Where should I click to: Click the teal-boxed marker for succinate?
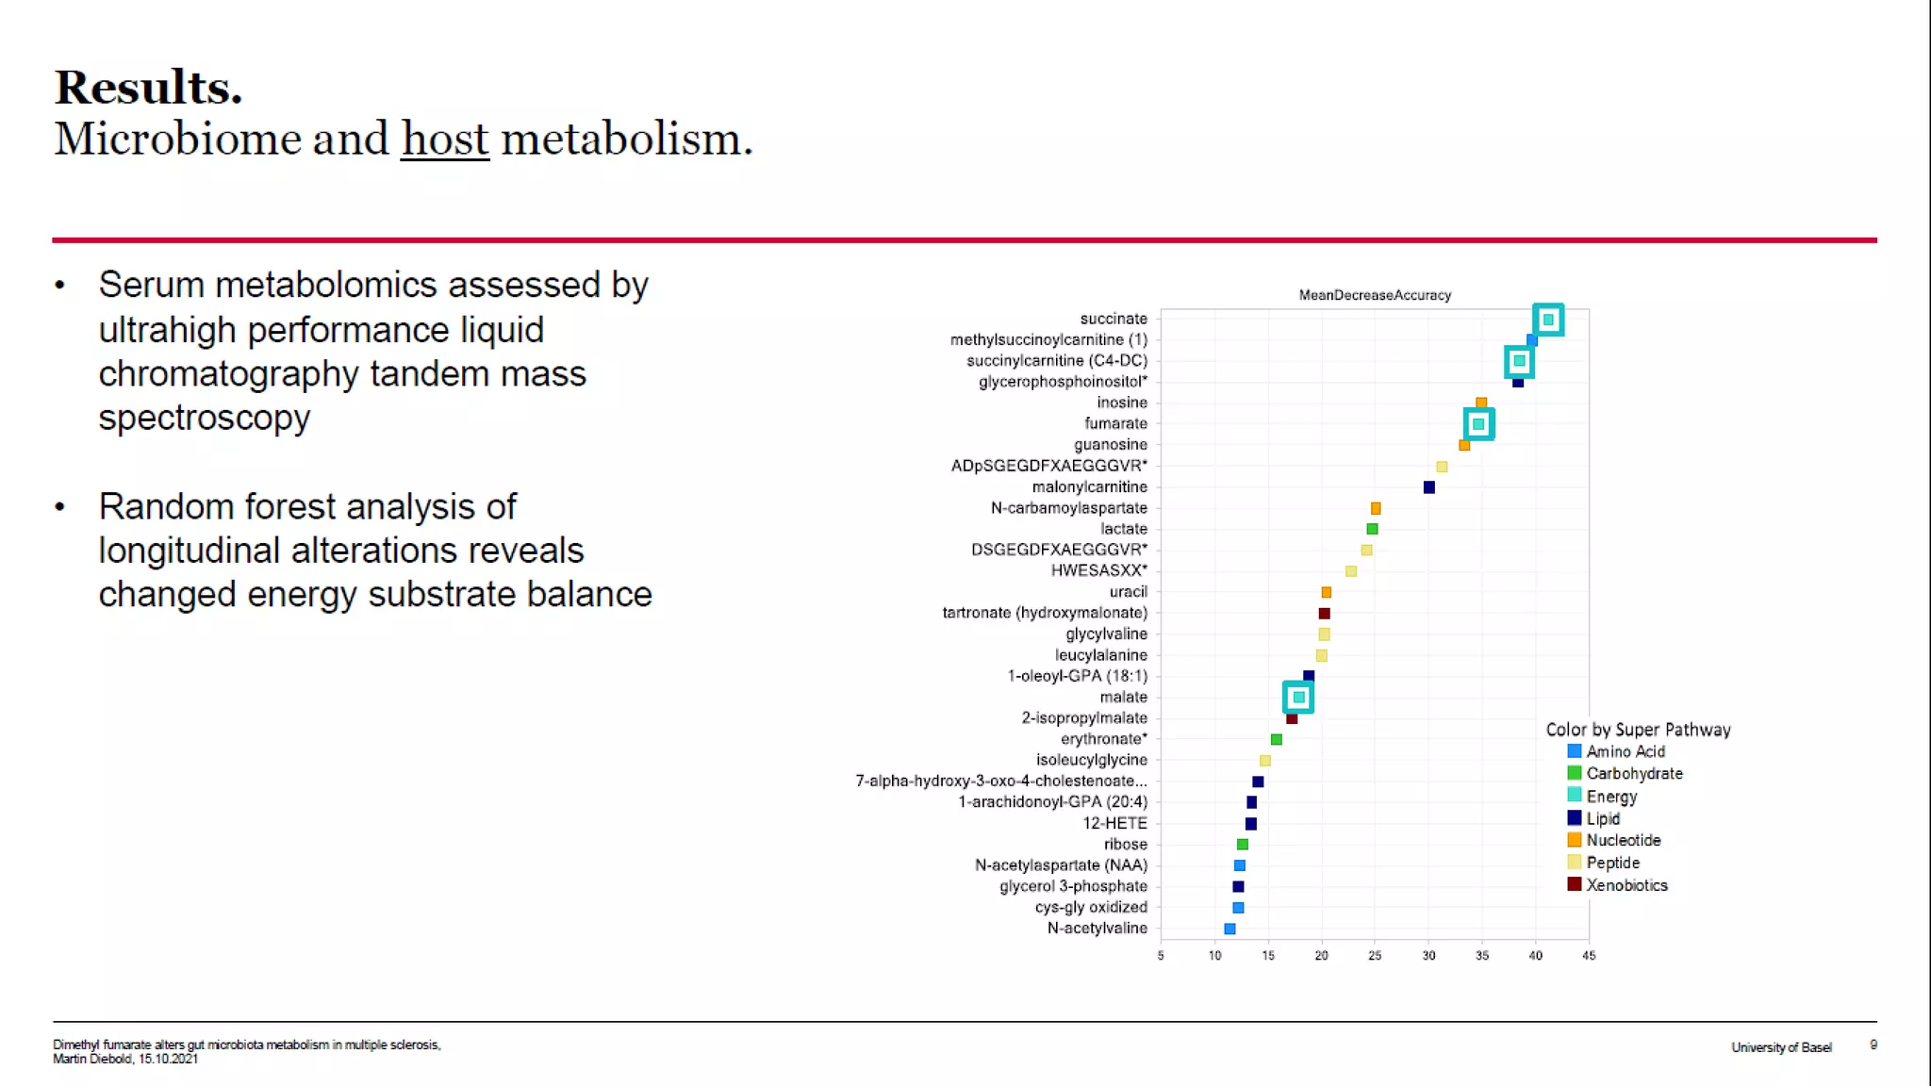tap(1548, 320)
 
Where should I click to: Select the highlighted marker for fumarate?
tap(1478, 424)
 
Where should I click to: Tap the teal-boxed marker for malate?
tap(1298, 698)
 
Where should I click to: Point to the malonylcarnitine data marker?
tap(1428, 487)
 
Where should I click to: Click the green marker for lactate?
tap(1372, 529)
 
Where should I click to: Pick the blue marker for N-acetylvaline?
tap(1230, 929)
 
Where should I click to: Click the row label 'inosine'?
tap(1121, 403)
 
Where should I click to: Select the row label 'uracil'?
tap(1128, 592)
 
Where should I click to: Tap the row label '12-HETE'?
tap(1114, 823)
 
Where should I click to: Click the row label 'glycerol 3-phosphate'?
tap(1073, 886)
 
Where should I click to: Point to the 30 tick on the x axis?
tap(1428, 956)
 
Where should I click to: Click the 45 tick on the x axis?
tap(1589, 956)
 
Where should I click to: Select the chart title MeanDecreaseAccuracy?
tap(1375, 295)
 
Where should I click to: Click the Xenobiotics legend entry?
tap(1626, 885)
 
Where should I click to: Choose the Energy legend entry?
tap(1610, 797)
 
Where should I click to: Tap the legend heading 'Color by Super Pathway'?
tap(1638, 730)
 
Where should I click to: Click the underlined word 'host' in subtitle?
tap(445, 140)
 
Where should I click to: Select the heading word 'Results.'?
tap(149, 88)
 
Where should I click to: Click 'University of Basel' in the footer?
tap(1781, 1047)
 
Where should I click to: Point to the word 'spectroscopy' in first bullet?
tap(205, 418)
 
